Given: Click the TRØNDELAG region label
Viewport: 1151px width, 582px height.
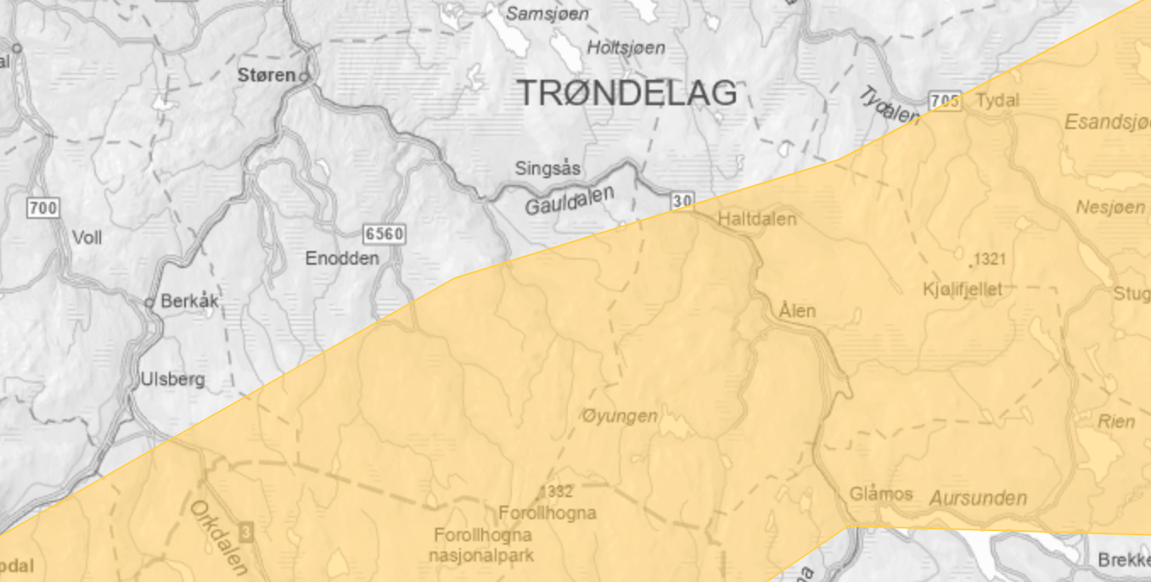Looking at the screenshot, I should coord(627,92).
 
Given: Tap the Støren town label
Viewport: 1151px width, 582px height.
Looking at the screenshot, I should coord(267,76).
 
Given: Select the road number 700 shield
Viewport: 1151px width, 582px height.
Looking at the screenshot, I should coord(42,207).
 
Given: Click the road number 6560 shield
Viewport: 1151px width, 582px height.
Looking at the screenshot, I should coord(383,233).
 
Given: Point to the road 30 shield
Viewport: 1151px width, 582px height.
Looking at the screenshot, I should coord(682,201).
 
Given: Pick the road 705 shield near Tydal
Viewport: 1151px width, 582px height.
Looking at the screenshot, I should coord(945,101).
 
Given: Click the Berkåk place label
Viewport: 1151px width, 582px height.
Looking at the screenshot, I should coord(189,301).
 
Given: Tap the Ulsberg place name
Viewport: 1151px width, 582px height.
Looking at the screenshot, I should coord(172,379).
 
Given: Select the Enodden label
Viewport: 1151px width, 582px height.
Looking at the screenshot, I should coord(342,258).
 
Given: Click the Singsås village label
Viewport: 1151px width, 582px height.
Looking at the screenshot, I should coord(547,169).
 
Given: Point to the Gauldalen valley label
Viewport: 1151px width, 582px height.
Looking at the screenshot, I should coord(569,201).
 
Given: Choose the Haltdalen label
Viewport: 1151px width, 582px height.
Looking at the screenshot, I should coord(757,220).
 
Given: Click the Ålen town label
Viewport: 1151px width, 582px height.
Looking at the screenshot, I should coord(797,311).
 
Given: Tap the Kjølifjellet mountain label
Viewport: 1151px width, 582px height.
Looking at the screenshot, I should coord(963,289).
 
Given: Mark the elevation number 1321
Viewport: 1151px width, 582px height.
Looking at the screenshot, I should coord(990,259).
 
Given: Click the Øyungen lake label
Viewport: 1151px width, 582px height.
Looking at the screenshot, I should coord(620,416).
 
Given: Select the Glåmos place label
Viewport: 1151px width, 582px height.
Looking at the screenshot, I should coord(881,494).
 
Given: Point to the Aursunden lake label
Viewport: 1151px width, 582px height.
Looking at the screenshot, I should coord(978,498).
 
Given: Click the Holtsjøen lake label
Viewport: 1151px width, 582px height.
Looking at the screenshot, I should coord(626,48).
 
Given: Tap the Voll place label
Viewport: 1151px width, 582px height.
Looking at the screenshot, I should coord(87,238).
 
